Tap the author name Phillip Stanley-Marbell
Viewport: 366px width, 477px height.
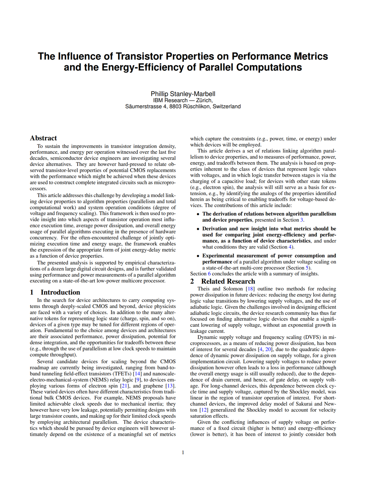(183, 94)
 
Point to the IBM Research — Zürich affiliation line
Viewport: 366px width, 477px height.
(183, 100)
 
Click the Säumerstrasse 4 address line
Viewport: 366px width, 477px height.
(183, 107)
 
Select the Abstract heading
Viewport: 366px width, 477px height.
(43, 138)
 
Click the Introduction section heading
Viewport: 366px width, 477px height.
(60, 292)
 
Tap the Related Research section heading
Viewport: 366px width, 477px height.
(228, 281)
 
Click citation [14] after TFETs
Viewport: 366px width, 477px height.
(137, 374)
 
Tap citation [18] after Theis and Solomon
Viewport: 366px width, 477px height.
(250, 289)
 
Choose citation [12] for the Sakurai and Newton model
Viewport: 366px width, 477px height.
(204, 410)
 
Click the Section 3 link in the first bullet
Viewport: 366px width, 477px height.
(302, 220)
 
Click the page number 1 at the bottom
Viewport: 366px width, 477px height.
(183, 452)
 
